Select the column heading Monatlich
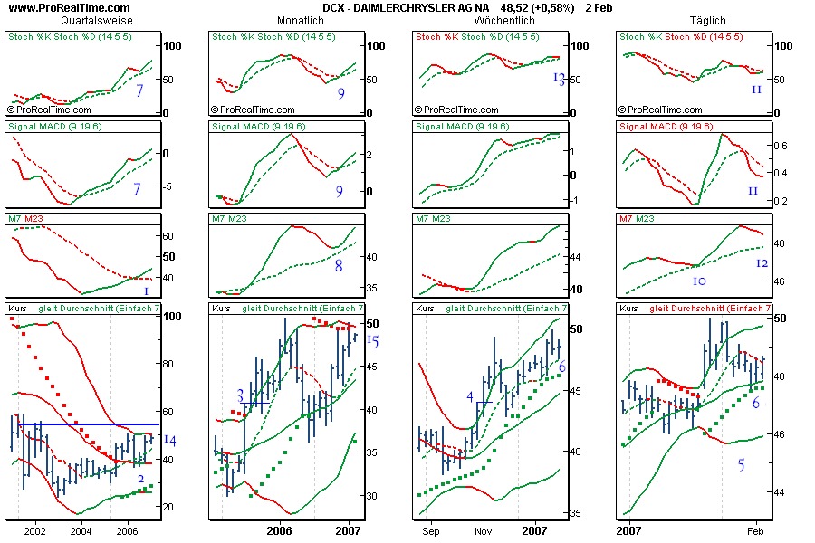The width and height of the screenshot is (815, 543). coord(300,20)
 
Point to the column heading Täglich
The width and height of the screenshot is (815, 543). coord(707,20)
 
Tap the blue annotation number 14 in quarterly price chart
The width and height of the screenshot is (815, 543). coord(170,440)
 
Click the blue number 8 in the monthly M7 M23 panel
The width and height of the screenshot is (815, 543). coord(338,266)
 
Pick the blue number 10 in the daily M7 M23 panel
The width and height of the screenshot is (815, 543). coord(699,281)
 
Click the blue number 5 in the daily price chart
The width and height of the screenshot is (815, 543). coord(742,465)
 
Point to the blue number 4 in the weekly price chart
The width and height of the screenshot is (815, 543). coord(470,396)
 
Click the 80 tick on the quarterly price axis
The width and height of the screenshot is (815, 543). coord(169,364)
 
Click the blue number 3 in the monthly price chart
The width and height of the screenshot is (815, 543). coord(241,395)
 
